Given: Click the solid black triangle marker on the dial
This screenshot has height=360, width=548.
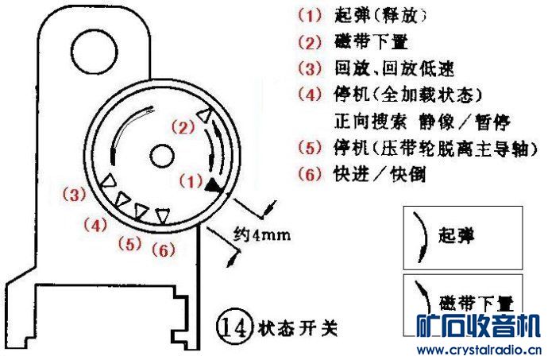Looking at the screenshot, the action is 213,184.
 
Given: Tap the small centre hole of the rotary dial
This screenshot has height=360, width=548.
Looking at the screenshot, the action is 162,156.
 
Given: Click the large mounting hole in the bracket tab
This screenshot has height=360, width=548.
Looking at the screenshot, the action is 95,52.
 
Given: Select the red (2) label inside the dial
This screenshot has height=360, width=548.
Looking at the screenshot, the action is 183,127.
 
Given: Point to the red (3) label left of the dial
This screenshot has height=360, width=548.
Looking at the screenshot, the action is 74,194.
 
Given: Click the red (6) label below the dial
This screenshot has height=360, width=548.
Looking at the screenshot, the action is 164,250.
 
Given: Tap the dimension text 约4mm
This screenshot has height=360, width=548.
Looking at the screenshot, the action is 262,234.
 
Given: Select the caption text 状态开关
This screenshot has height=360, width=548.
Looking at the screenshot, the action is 298,327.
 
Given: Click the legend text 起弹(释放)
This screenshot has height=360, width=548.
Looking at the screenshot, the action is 380,15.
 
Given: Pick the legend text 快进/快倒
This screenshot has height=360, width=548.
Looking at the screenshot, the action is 380,174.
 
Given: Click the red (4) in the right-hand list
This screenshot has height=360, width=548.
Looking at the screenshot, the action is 310,95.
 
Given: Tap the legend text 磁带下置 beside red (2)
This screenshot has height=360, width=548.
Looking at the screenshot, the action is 371,41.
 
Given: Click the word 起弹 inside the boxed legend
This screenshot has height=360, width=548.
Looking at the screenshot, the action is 457,235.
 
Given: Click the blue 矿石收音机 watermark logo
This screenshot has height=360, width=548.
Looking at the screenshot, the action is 478,327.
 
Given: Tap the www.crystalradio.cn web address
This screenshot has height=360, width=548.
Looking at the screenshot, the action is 479,350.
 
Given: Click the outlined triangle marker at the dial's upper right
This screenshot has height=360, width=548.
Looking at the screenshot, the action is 204,115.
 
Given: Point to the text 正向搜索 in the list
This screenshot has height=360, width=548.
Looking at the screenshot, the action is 371,122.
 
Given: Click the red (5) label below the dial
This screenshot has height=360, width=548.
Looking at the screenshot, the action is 129,243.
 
